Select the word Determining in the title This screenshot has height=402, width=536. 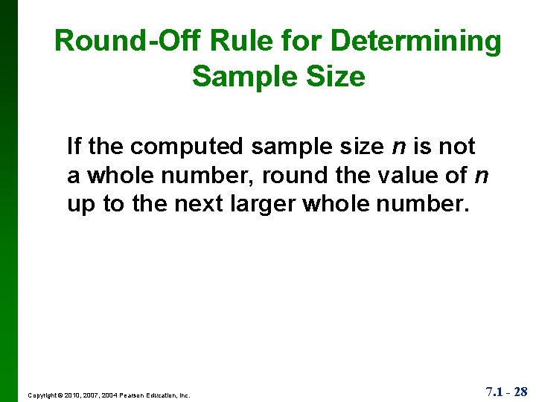(416, 41)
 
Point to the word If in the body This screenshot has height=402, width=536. (74, 146)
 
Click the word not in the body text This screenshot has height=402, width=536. (456, 146)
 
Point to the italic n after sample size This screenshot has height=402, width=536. (398, 147)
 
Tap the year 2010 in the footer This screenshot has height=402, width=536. (74, 395)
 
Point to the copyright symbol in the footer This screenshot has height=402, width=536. (62, 395)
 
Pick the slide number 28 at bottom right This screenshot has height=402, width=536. (519, 392)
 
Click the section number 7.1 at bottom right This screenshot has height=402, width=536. (494, 392)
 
